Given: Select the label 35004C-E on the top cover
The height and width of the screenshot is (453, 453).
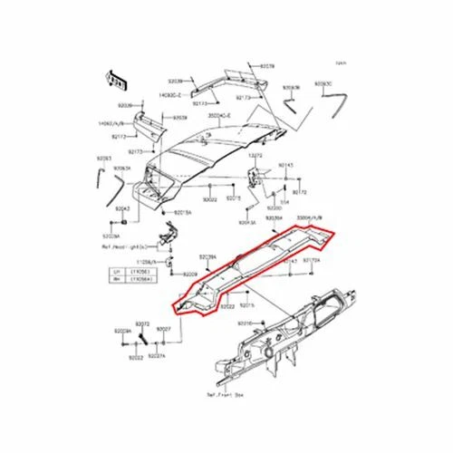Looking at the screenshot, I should (220, 116).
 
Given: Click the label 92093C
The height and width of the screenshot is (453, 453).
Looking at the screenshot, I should (323, 83).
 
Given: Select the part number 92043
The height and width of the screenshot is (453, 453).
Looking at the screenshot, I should (123, 208).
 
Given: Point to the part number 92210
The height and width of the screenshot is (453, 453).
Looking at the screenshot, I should (246, 323).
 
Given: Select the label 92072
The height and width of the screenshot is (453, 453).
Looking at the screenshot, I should (142, 323).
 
